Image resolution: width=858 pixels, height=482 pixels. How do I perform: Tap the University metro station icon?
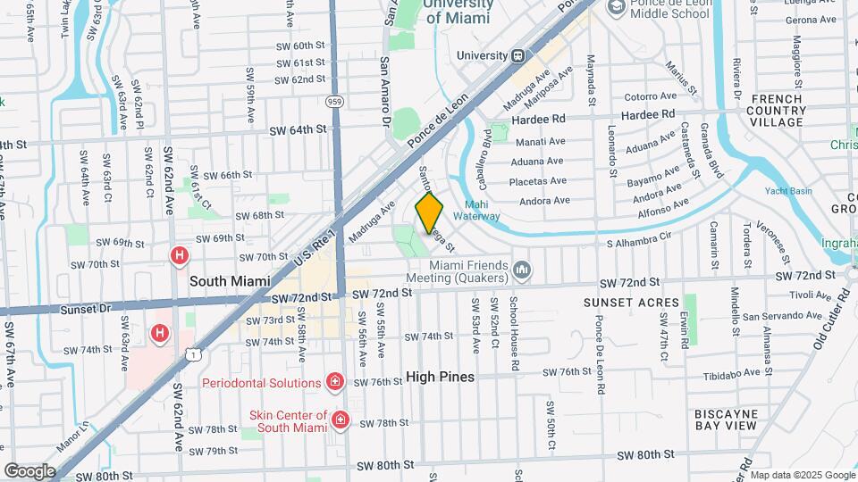coord(517,55)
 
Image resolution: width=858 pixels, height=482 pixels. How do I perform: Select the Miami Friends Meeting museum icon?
coord(522,268)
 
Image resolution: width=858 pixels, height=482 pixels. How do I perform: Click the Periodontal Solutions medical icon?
coord(335,383)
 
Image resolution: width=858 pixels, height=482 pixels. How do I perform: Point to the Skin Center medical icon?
coord(340,419)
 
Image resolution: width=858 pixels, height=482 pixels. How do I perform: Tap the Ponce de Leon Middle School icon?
coord(616,8)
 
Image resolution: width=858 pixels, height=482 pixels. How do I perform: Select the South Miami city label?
coord(230,280)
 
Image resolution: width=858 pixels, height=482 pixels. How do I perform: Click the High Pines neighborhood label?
coord(440,377)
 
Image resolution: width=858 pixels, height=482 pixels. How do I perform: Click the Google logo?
coord(29,470)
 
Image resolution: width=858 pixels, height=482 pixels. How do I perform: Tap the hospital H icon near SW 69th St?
coord(180,257)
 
